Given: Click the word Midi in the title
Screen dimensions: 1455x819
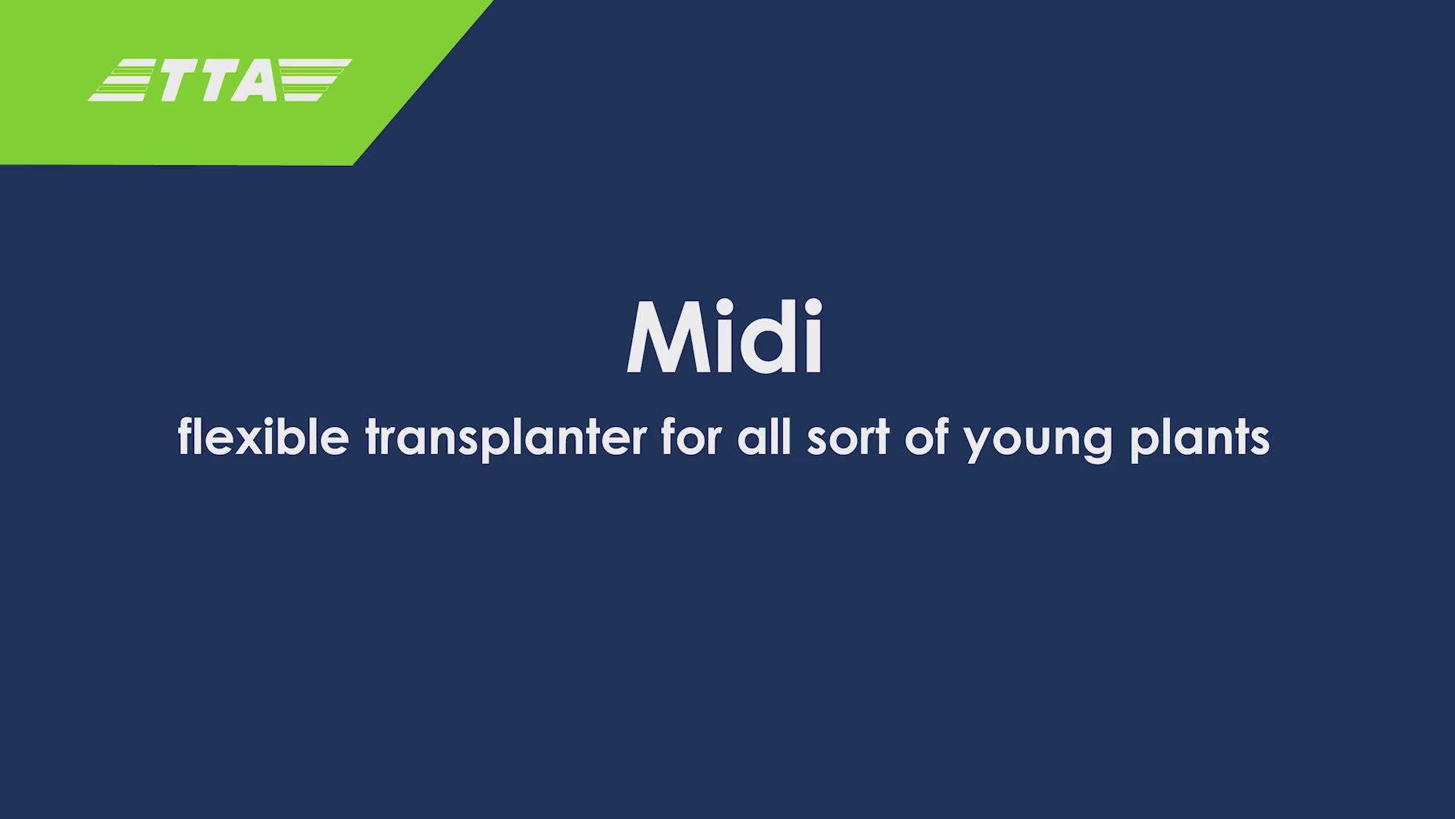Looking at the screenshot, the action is [x=724, y=337].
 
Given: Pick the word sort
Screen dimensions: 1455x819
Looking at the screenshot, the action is [x=847, y=438].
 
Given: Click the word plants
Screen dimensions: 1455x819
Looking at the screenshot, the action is [x=1200, y=440].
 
